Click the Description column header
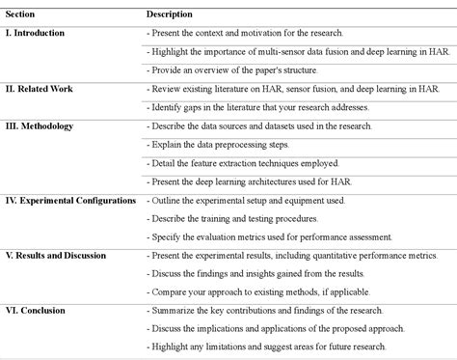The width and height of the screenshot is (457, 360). click(x=169, y=14)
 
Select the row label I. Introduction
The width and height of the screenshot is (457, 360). click(x=36, y=33)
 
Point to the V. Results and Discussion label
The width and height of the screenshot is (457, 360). click(x=56, y=255)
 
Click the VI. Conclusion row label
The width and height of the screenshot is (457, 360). click(x=36, y=310)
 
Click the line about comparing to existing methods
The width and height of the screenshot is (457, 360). click(x=269, y=291)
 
